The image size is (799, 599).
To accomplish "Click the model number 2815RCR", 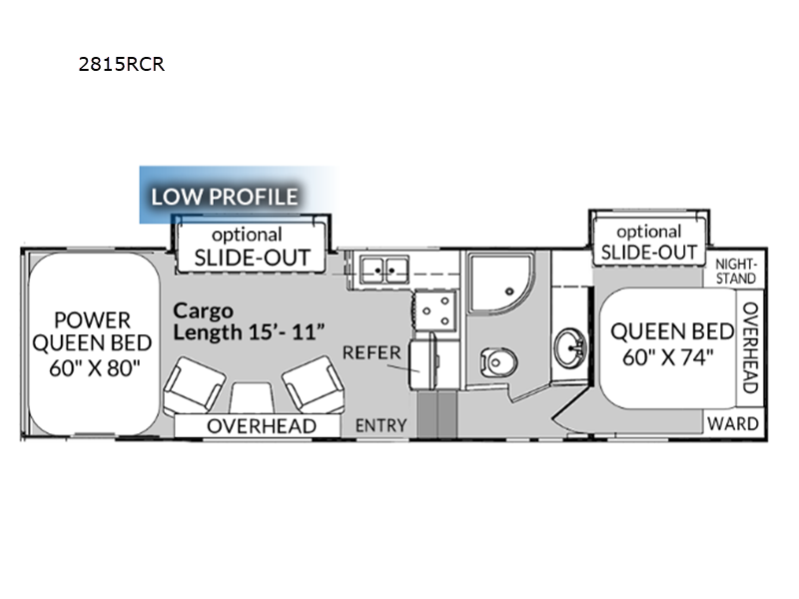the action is tap(121, 64).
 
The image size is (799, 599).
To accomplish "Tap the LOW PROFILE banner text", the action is tap(224, 197).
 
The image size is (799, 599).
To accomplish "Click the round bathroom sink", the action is tap(570, 346).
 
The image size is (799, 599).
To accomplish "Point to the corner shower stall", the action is tap(501, 284).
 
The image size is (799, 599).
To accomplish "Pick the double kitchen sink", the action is tap(385, 270).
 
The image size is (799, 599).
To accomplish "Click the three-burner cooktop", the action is tap(436, 310).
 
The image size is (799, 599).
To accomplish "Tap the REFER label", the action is tap(372, 352).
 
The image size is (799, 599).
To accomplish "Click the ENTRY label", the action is tap(381, 425).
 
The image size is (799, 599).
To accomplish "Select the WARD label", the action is tap(733, 423).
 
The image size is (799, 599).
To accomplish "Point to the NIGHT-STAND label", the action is tap(736, 272).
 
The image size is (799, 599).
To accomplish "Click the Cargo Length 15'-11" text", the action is tap(249, 321).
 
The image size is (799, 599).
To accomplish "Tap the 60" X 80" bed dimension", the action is tap(94, 367).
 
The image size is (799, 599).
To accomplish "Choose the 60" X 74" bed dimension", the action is tap(667, 357).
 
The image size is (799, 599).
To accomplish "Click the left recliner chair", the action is tap(194, 384).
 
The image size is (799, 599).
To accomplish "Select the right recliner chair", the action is tap(314, 384).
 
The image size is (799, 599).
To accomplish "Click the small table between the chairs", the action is tap(252, 397).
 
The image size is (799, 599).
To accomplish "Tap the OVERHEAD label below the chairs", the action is tap(262, 426).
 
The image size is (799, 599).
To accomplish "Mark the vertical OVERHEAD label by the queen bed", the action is tap(751, 347).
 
